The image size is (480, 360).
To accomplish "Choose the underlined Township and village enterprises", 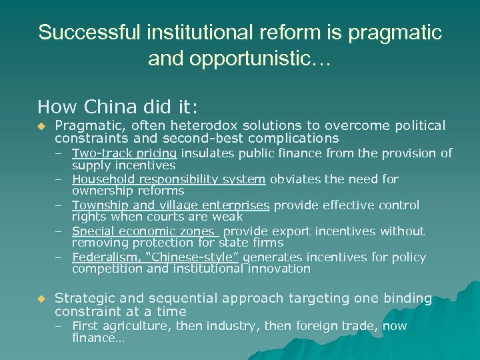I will [x=171, y=205].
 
